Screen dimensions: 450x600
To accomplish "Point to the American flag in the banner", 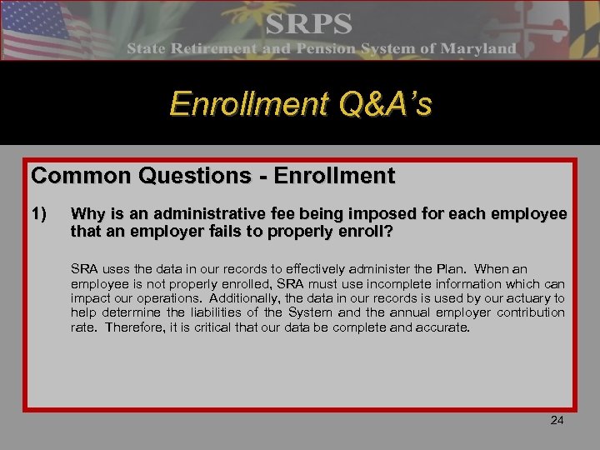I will (42, 29).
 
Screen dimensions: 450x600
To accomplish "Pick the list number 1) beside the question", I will (39, 214).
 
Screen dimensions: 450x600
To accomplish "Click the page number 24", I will (557, 420).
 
